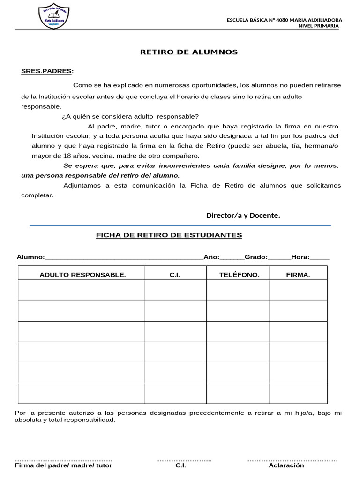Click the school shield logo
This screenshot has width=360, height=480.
pyautogui.click(x=55, y=17)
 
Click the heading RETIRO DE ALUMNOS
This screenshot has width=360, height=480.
pyautogui.click(x=189, y=52)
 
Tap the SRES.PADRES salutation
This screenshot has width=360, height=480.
pyautogui.click(x=47, y=71)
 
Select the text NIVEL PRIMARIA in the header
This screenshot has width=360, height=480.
pyautogui.click(x=318, y=26)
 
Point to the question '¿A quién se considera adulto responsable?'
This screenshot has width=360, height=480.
pyautogui.click(x=130, y=117)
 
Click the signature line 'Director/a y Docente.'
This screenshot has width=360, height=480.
pyautogui.click(x=243, y=215)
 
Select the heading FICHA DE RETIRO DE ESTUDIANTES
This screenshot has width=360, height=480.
pyautogui.click(x=169, y=235)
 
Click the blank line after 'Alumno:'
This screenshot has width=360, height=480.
pyautogui.click(x=124, y=257)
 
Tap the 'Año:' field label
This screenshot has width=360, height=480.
pyautogui.click(x=211, y=257)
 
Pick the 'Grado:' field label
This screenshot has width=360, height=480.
pyautogui.click(x=256, y=257)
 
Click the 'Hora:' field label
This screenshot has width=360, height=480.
pyautogui.click(x=300, y=257)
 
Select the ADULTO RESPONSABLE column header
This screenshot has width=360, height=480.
pyautogui.click(x=82, y=275)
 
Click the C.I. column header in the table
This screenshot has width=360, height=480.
pyautogui.click(x=175, y=275)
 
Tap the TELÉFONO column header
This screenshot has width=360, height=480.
pyautogui.click(x=239, y=275)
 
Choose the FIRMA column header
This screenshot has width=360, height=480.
pyautogui.click(x=298, y=275)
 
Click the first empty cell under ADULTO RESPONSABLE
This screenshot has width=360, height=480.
pyautogui.click(x=81, y=290)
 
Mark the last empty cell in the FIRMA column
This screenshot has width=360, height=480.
pyautogui.click(x=298, y=393)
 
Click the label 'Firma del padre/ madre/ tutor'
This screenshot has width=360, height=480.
pyautogui.click(x=64, y=465)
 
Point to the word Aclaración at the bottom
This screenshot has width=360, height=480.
pyautogui.click(x=286, y=465)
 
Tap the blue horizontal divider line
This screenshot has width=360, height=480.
pyautogui.click(x=180, y=225)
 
